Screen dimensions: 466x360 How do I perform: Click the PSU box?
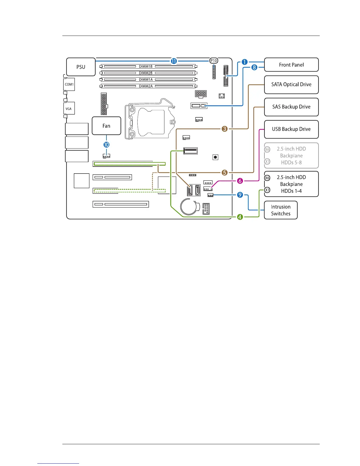pos(81,67)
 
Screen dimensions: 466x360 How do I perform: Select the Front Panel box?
pos(291,65)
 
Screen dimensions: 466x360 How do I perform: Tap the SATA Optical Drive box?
pos(291,85)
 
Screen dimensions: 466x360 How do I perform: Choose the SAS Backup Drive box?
pos(291,107)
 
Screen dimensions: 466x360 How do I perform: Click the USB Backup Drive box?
pos(291,129)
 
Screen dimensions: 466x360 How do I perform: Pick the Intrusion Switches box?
pos(281,210)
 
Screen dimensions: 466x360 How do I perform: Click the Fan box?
pos(106,126)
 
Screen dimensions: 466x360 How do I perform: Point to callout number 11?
pos(174,61)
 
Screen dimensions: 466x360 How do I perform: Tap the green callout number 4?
pos(240,217)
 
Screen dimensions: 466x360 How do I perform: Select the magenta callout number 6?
pos(240,181)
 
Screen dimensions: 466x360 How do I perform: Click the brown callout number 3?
pos(224,129)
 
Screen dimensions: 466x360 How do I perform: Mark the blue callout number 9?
pos(240,195)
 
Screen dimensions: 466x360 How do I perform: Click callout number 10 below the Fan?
pos(106,145)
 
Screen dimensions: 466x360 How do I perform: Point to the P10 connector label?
pos(214,61)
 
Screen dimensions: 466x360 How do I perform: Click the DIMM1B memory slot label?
pos(146,66)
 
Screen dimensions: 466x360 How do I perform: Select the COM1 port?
pos(69,84)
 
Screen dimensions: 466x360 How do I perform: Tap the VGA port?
pos(69,109)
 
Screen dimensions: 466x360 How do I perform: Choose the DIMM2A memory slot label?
pos(146,86)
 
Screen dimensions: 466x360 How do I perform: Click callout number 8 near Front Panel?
pos(254,67)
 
